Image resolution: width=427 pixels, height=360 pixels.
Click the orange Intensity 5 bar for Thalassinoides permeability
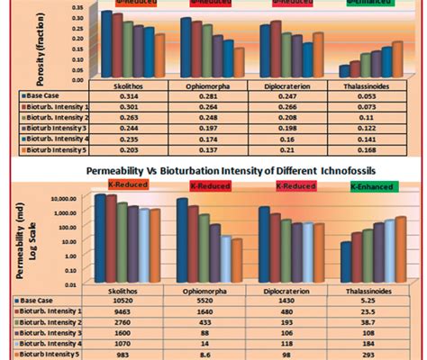coord(402,242)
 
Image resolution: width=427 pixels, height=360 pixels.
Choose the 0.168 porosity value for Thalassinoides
coord(370,152)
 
